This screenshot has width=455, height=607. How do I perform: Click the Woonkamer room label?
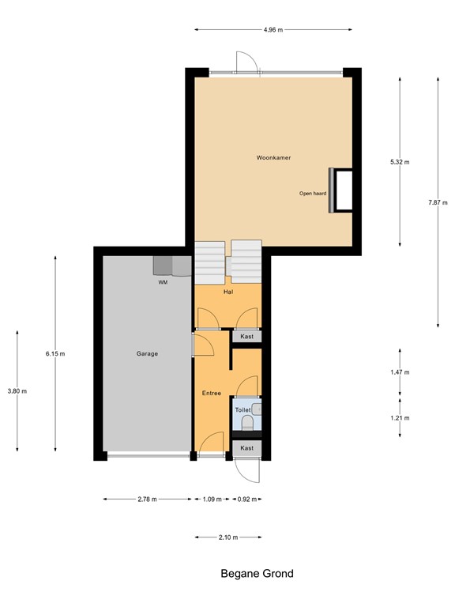click(x=273, y=158)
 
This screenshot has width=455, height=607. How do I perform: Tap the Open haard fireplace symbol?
click(x=342, y=190)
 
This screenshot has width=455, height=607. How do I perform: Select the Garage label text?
click(x=146, y=353)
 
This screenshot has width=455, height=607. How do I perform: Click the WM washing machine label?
click(x=163, y=281)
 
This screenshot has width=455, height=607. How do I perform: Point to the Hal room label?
click(x=227, y=292)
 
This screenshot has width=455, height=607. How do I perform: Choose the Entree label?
click(x=212, y=393)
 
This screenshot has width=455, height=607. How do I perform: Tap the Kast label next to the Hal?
click(x=247, y=337)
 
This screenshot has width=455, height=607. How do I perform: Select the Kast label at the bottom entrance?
click(x=247, y=448)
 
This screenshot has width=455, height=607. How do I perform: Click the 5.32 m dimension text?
click(x=400, y=162)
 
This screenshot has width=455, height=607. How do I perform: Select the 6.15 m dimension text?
click(x=55, y=353)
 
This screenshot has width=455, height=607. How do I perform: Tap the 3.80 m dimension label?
click(x=17, y=391)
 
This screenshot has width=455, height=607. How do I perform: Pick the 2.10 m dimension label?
click(x=228, y=537)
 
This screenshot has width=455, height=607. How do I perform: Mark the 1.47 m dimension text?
click(x=400, y=372)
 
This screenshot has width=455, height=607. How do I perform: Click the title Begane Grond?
click(x=257, y=574)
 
